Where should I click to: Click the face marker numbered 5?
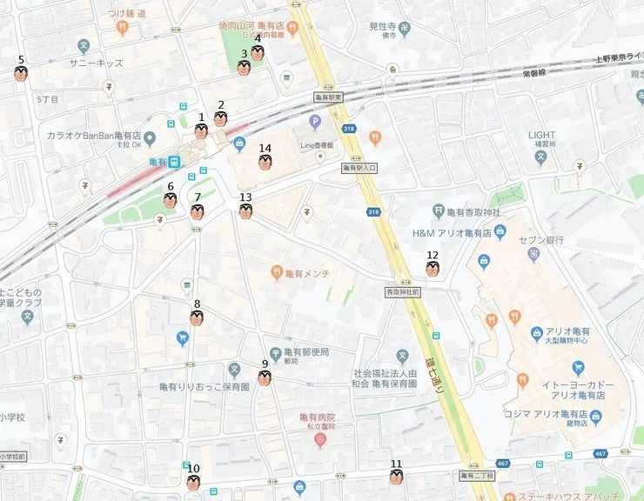pyautogui.click(x=21, y=74)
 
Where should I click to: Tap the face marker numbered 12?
pyautogui.click(x=433, y=269)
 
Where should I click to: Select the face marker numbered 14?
pyautogui.click(x=265, y=162)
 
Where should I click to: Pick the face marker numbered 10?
pyautogui.click(x=193, y=483)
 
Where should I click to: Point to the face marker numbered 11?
pyautogui.click(x=396, y=478)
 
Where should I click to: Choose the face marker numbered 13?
pyautogui.click(x=245, y=211)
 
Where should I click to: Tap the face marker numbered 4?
pyautogui.click(x=258, y=53)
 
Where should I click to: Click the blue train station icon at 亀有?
pyautogui.click(x=175, y=162)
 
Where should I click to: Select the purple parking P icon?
pyautogui.click(x=315, y=121)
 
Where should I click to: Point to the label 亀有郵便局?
pyautogui.click(x=305, y=352)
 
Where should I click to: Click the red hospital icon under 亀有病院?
pyautogui.click(x=320, y=439)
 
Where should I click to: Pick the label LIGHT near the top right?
pyautogui.click(x=541, y=135)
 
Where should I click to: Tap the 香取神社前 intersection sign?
pyautogui.click(x=403, y=293)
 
